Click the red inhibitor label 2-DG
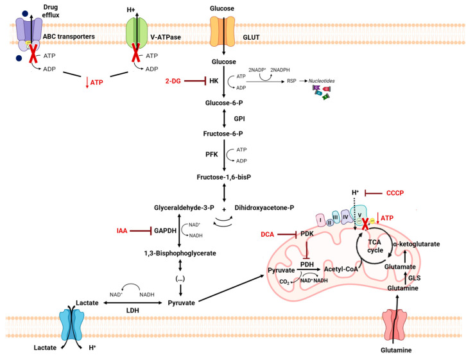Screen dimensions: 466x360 (x=173, y=81)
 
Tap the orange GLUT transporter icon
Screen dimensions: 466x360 (x=222, y=32)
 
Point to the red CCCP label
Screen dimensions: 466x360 (x=395, y=193)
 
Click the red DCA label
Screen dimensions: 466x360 (x=267, y=234)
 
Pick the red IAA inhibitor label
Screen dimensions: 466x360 (x=122, y=230)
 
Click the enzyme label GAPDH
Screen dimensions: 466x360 (x=165, y=230)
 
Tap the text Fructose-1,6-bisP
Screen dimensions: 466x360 (x=224, y=177)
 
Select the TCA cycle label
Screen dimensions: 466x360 (x=375, y=246)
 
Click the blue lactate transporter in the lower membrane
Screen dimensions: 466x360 (x=72, y=325)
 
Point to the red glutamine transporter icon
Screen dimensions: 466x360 (x=394, y=324)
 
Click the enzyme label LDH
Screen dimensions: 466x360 (x=133, y=311)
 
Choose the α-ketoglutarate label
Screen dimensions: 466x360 (x=417, y=244)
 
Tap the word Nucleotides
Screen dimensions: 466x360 (x=322, y=81)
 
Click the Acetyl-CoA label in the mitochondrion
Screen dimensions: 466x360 (x=341, y=269)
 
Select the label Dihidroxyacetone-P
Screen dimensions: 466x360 (x=264, y=208)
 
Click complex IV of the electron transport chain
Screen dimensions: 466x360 (x=345, y=217)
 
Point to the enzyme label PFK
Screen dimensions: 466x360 (x=212, y=155)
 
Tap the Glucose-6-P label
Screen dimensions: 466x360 (x=224, y=103)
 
